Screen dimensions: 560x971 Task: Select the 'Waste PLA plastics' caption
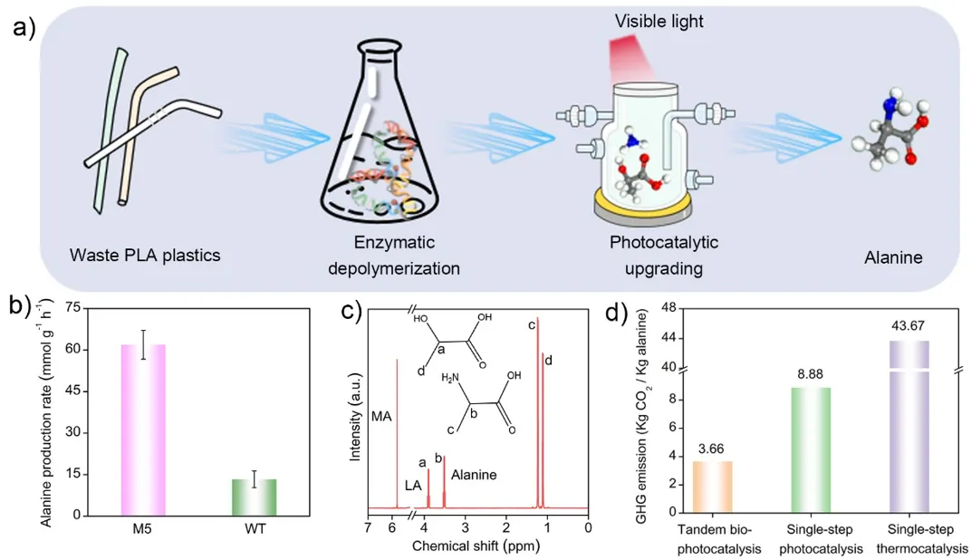coord(145,256)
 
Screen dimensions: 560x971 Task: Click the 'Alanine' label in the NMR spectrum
coord(474,473)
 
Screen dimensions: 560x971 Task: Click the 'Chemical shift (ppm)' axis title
coord(477,546)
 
